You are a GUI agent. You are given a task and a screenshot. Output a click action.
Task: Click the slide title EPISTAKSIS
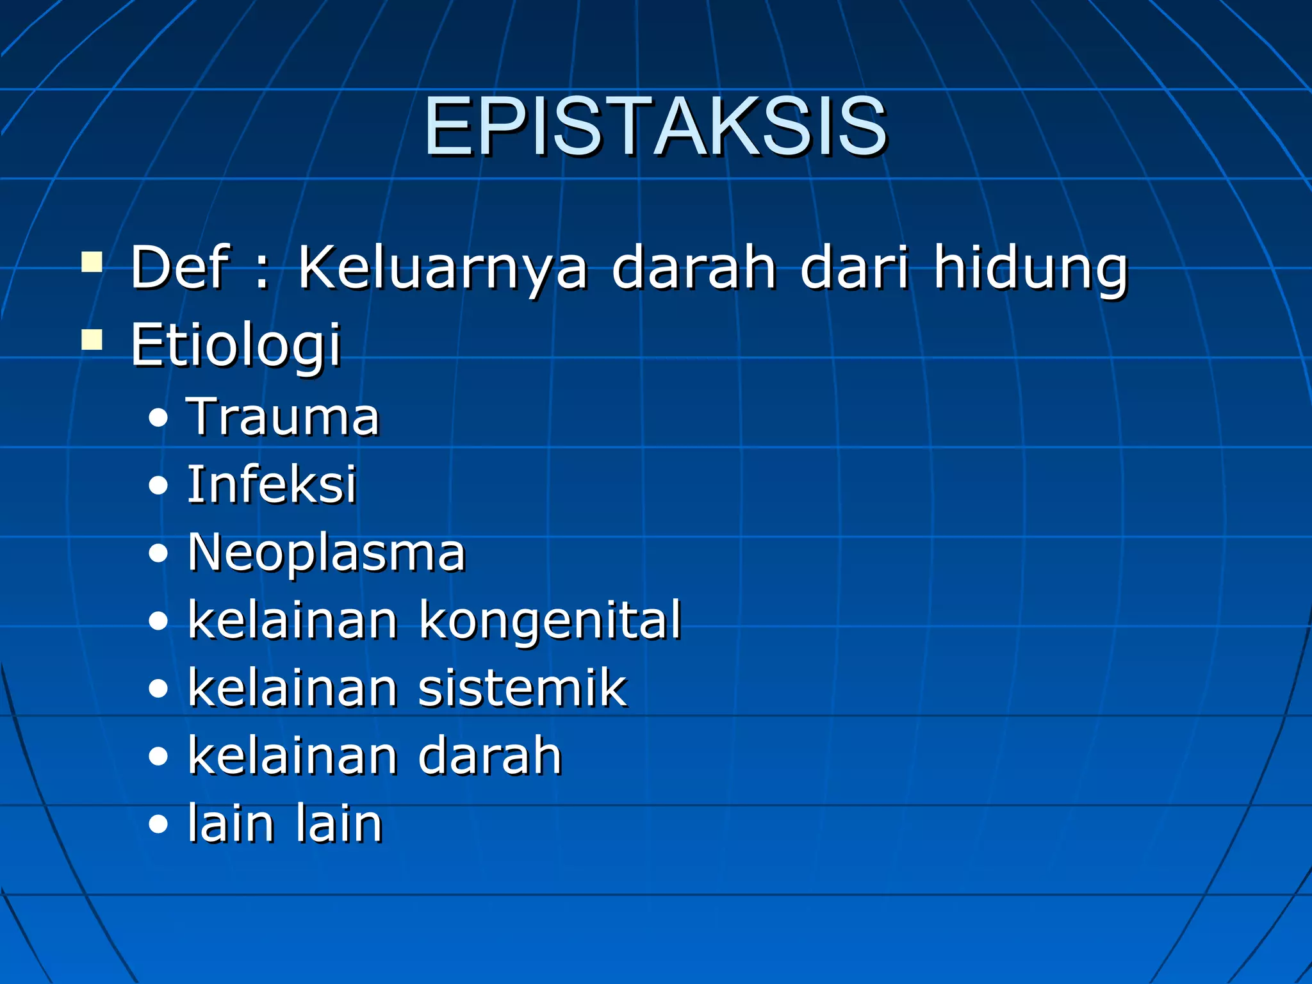[655, 126]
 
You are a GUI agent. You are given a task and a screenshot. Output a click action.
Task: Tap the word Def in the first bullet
[179, 267]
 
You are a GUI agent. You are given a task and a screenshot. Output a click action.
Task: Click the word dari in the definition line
[855, 267]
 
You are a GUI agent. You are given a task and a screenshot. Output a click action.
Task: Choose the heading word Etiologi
[235, 346]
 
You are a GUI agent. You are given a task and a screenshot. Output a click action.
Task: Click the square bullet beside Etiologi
[92, 340]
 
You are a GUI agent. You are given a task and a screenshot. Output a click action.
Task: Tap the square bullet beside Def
[92, 262]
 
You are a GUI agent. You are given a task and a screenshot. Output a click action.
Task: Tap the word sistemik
[522, 688]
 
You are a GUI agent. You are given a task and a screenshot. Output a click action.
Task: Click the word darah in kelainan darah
[490, 756]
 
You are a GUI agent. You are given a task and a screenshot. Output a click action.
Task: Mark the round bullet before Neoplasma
[158, 554]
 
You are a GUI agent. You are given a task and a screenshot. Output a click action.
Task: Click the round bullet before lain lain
[158, 826]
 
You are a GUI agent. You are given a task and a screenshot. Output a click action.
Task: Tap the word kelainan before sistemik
[293, 688]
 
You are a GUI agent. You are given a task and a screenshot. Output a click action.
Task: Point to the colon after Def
[261, 272]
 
